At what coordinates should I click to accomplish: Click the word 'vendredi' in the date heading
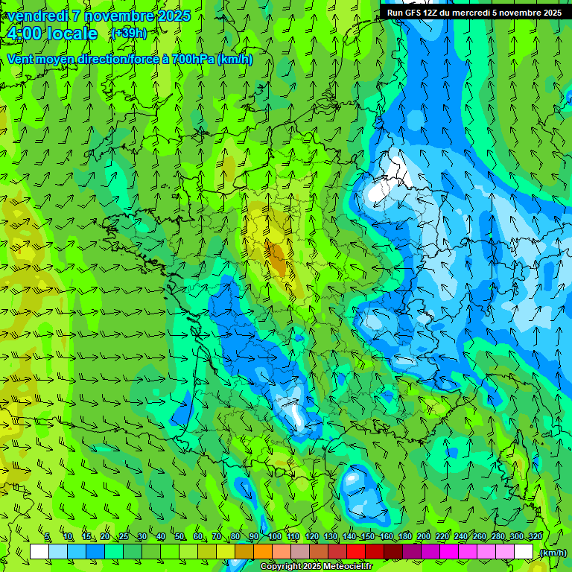click(37, 16)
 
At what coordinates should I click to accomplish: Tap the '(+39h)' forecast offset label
click(128, 33)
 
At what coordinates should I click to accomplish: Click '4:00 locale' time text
click(52, 34)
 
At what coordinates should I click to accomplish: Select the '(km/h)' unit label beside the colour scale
click(553, 552)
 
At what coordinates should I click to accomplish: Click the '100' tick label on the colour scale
click(275, 536)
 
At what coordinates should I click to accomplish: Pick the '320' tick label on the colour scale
click(535, 536)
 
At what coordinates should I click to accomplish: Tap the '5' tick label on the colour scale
click(47, 536)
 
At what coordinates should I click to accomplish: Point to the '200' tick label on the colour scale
click(424, 536)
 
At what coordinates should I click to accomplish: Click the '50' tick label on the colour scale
click(179, 536)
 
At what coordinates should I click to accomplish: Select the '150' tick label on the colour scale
click(368, 536)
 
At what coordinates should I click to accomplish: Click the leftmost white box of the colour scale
click(39, 552)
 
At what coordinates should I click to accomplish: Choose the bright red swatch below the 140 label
click(356, 552)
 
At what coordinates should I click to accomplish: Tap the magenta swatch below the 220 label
click(449, 552)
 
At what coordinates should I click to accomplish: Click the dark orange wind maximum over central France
click(277, 257)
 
